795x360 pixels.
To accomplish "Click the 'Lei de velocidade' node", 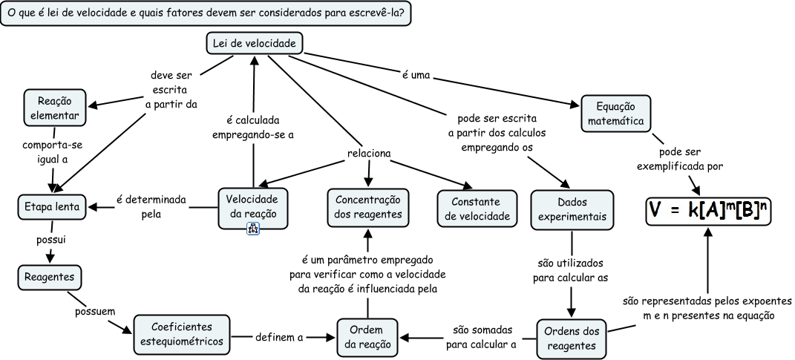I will tap(254, 45).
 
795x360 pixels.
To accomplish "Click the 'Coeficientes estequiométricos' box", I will tap(181, 334).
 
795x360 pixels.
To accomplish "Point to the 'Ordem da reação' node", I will tap(364, 336).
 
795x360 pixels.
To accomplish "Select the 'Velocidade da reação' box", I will tap(252, 207).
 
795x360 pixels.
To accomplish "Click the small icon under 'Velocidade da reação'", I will tap(252, 230).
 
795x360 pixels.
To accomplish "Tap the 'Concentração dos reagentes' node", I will tap(368, 206).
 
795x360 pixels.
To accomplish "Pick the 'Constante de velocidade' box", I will tap(475, 209).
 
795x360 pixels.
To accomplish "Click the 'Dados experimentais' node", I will tap(572, 209).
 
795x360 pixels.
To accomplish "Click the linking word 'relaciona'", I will tap(369, 154).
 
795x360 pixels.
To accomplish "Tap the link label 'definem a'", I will tap(279, 338).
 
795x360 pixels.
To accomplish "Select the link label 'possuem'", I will tap(95, 311).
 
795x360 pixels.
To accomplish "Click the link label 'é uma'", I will tap(416, 75).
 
